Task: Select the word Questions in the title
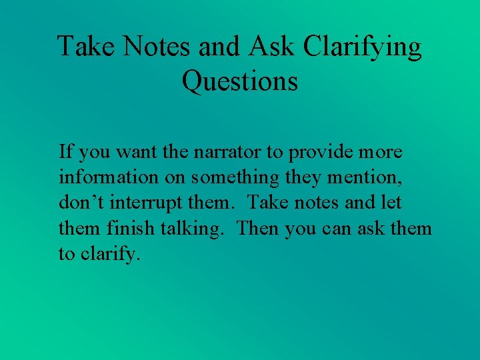coord(239,81)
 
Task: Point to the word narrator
coord(227,152)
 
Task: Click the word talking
coord(194,229)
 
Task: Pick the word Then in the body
coord(259,229)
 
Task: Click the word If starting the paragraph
coord(65,152)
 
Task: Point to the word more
coord(380,152)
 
